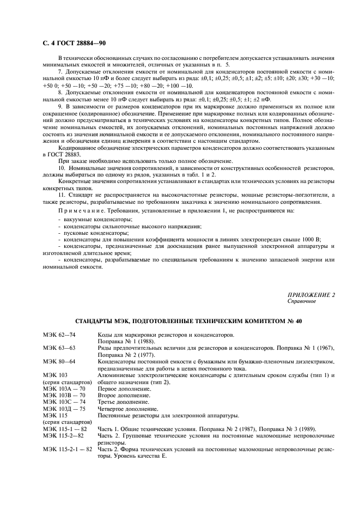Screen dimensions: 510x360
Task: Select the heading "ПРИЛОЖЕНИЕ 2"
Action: (x=310, y=294)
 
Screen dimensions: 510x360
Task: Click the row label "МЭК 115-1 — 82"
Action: (x=65, y=428)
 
